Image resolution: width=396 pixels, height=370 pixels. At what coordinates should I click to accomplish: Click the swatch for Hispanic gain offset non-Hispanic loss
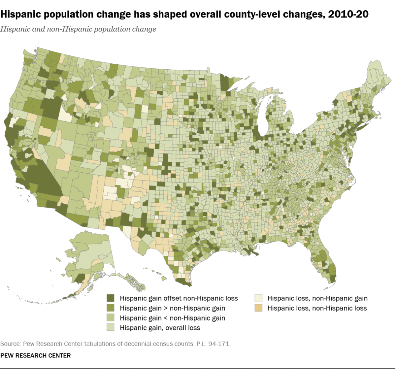[111, 298]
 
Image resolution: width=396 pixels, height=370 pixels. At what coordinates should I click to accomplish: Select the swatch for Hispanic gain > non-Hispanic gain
[111, 308]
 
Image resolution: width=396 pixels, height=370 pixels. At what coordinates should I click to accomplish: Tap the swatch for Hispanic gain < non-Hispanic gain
[111, 318]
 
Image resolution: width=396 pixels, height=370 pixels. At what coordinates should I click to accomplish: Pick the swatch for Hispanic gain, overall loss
[111, 328]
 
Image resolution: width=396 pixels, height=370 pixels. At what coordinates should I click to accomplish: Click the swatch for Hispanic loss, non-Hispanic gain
[258, 298]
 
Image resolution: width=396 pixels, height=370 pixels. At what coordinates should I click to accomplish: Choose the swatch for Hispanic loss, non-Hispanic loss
[258, 308]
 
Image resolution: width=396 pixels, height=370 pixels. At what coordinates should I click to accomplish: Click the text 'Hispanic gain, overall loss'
[160, 328]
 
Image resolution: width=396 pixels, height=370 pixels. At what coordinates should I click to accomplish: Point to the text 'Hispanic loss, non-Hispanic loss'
[317, 308]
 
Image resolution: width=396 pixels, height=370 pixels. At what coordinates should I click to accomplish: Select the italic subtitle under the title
[78, 29]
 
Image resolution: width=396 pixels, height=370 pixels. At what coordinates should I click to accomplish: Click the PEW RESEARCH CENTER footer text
[35, 355]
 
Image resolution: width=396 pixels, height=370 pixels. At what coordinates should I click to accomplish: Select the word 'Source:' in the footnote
[11, 344]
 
